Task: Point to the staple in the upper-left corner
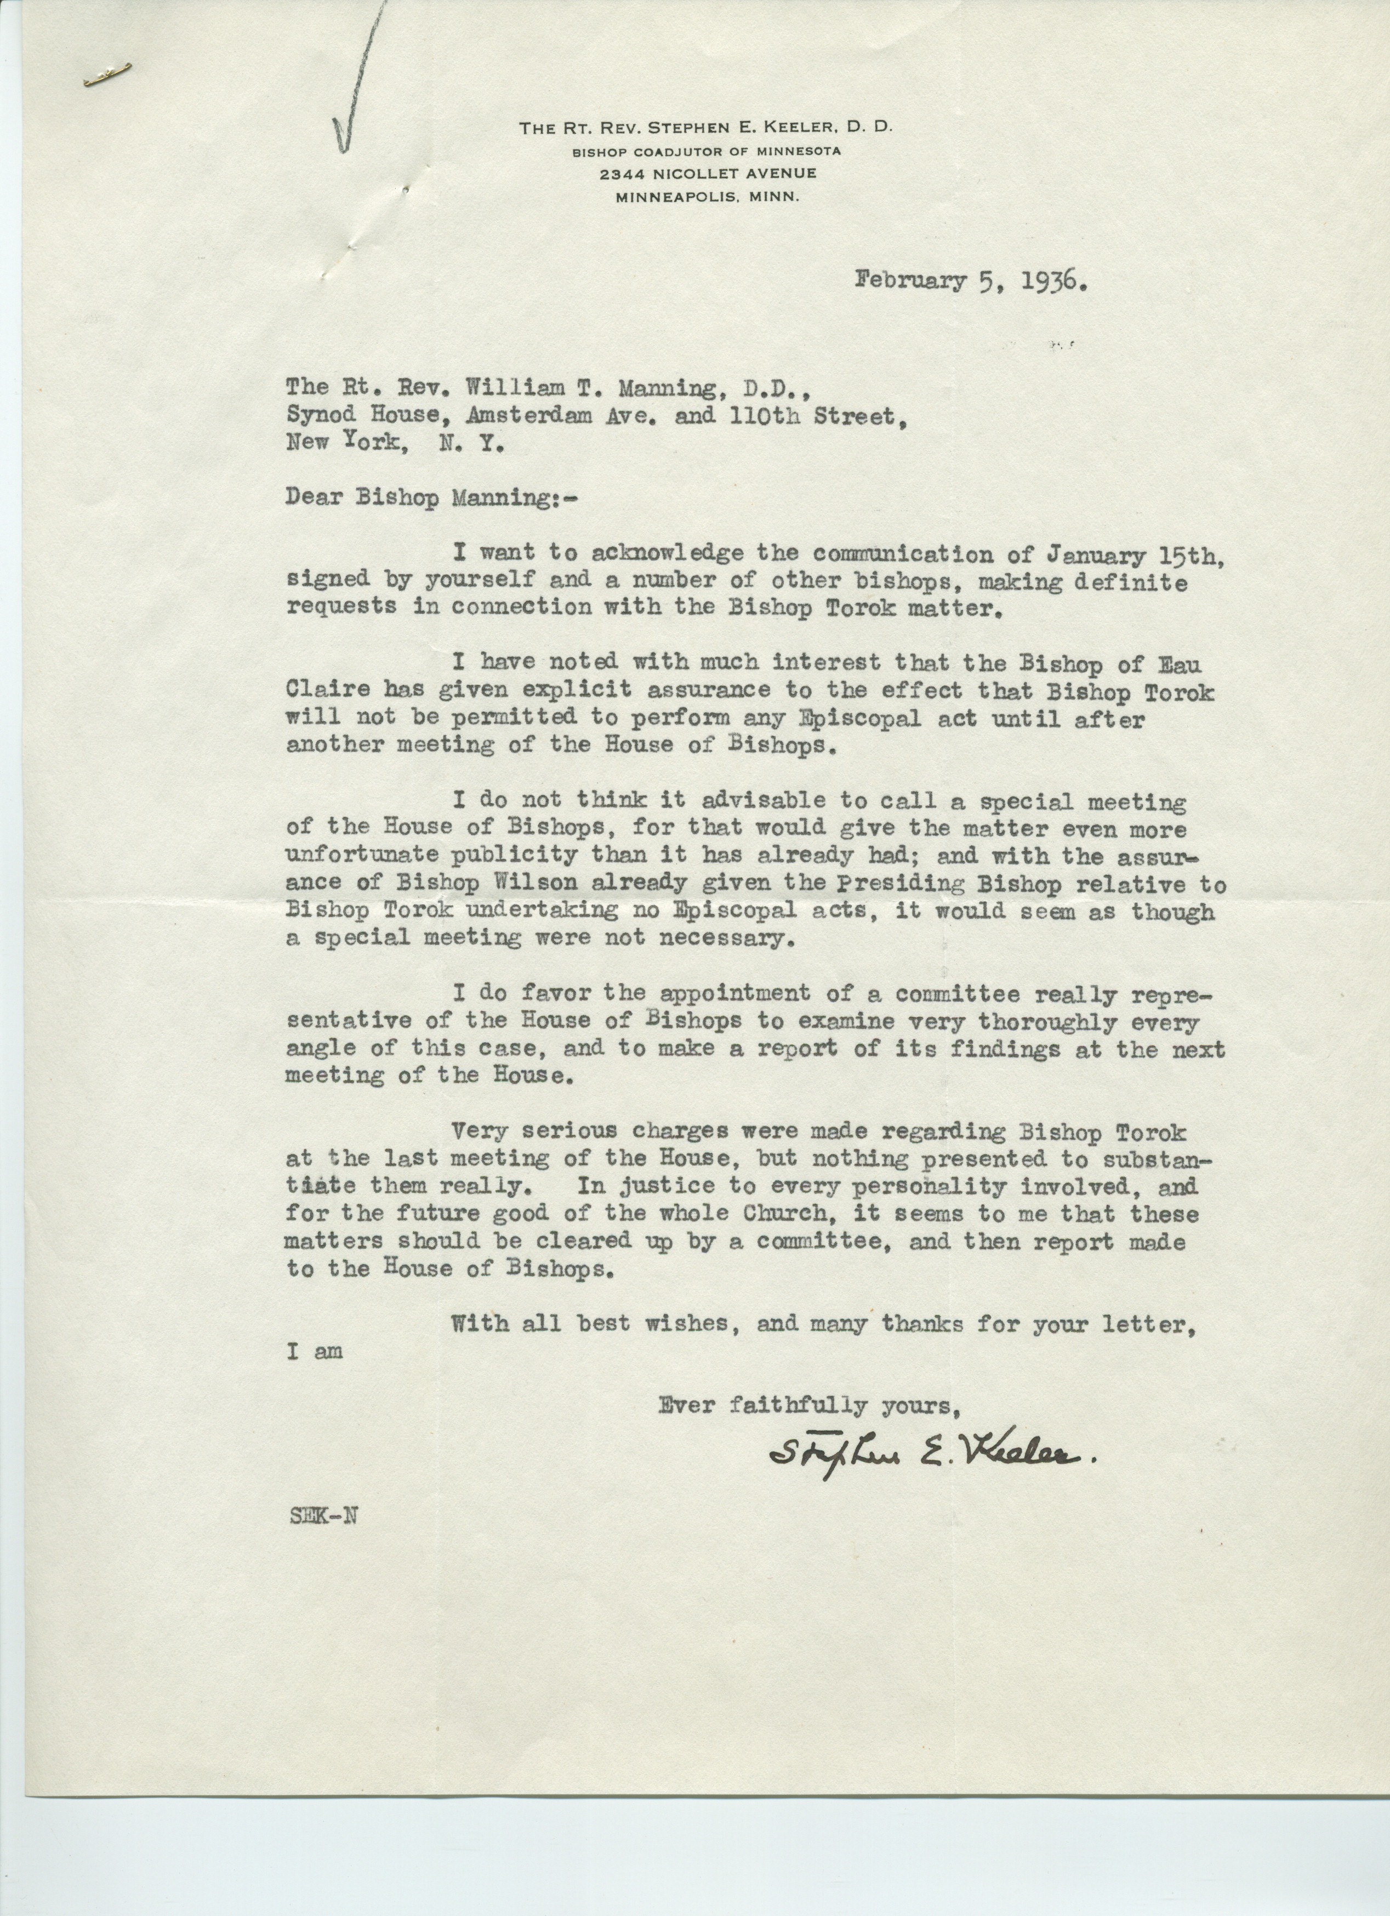[106, 78]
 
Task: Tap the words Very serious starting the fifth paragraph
[546, 1130]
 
